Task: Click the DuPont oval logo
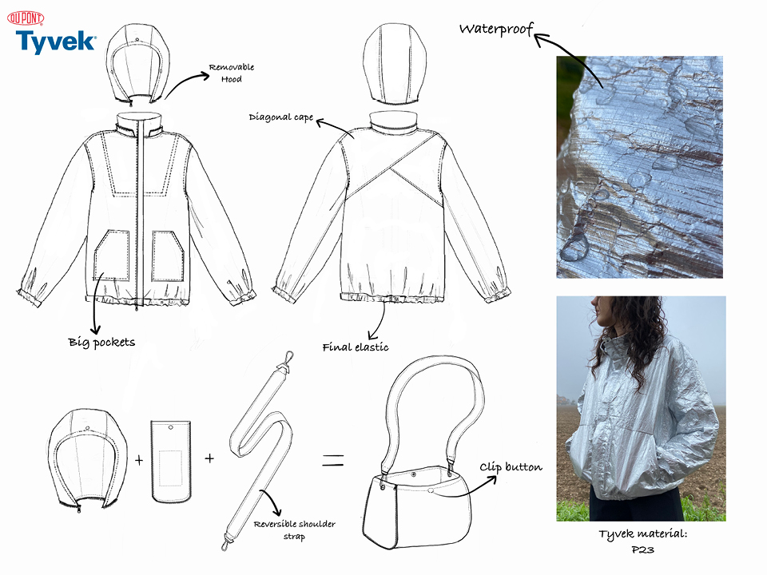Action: (26, 18)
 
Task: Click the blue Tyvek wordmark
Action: (56, 42)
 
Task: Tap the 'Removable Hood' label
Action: (232, 73)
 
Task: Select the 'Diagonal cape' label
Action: (280, 117)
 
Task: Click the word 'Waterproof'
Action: (496, 29)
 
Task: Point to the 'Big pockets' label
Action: (101, 343)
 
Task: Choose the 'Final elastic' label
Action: (355, 347)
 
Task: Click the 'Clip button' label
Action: (511, 467)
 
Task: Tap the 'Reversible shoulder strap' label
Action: (295, 530)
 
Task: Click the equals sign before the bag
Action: (332, 460)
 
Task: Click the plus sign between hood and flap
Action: (139, 460)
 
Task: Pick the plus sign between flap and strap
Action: (209, 458)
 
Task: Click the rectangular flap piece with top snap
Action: (171, 462)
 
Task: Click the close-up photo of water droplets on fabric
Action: (639, 167)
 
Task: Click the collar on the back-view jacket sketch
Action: (394, 121)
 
